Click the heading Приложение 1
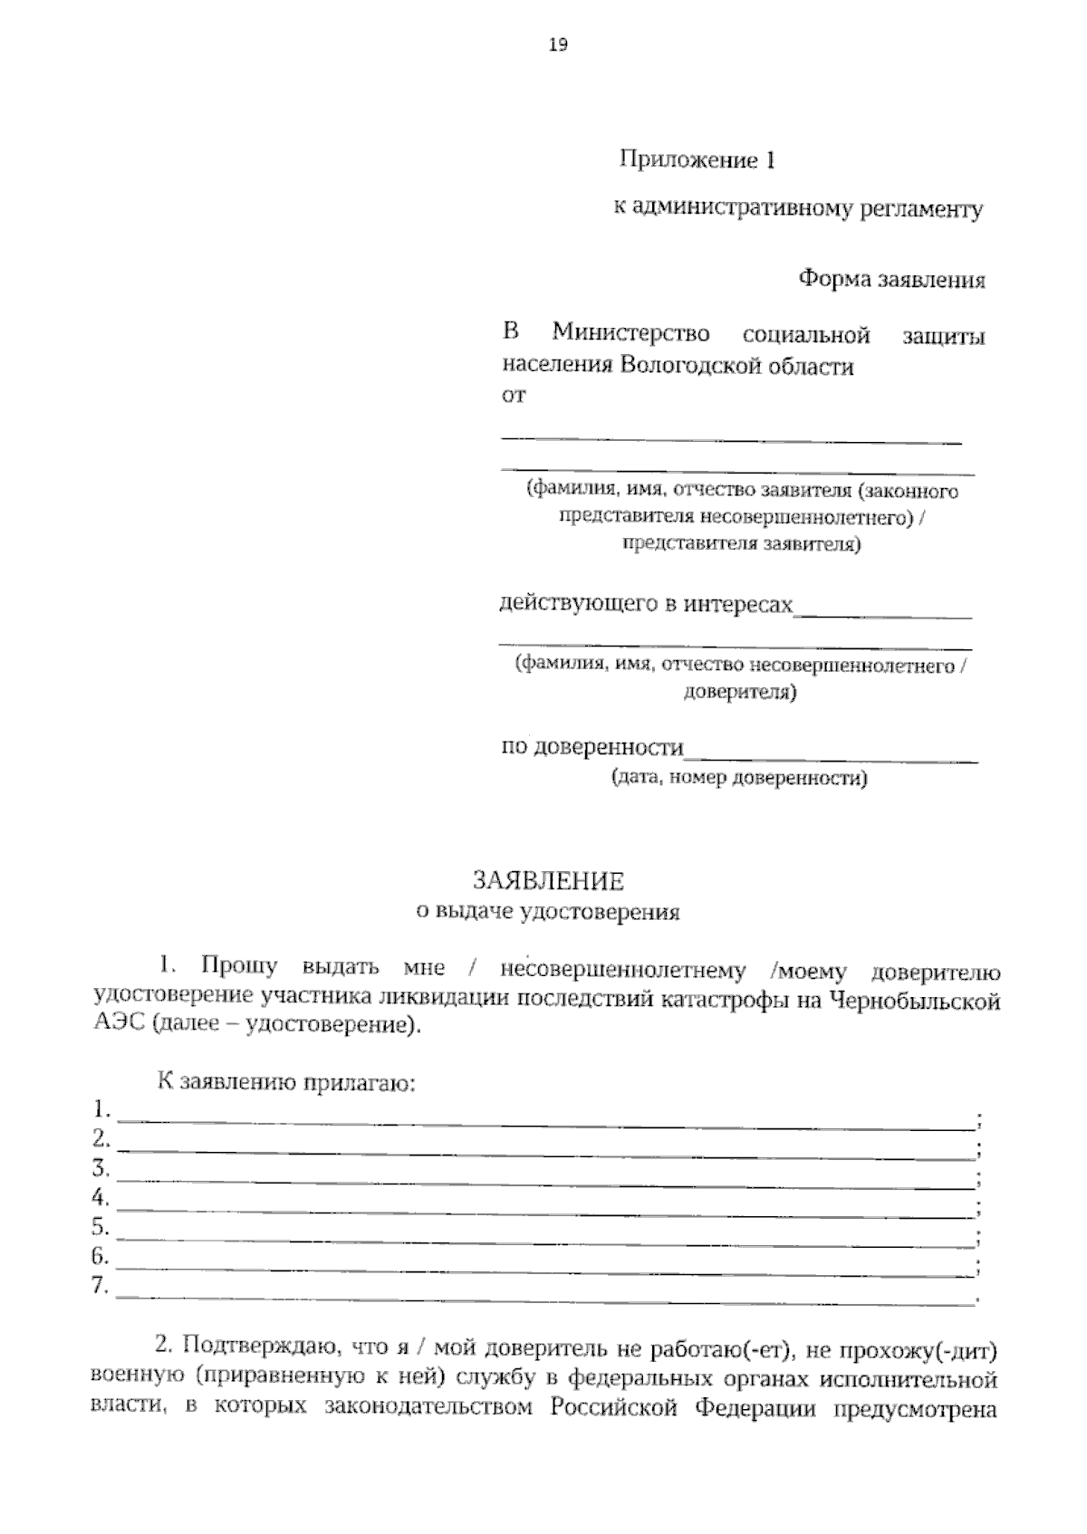click(697, 161)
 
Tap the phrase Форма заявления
click(890, 279)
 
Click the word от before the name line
click(513, 396)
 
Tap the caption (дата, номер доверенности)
click(739, 778)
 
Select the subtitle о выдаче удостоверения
click(547, 912)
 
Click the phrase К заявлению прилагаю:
click(286, 1083)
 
